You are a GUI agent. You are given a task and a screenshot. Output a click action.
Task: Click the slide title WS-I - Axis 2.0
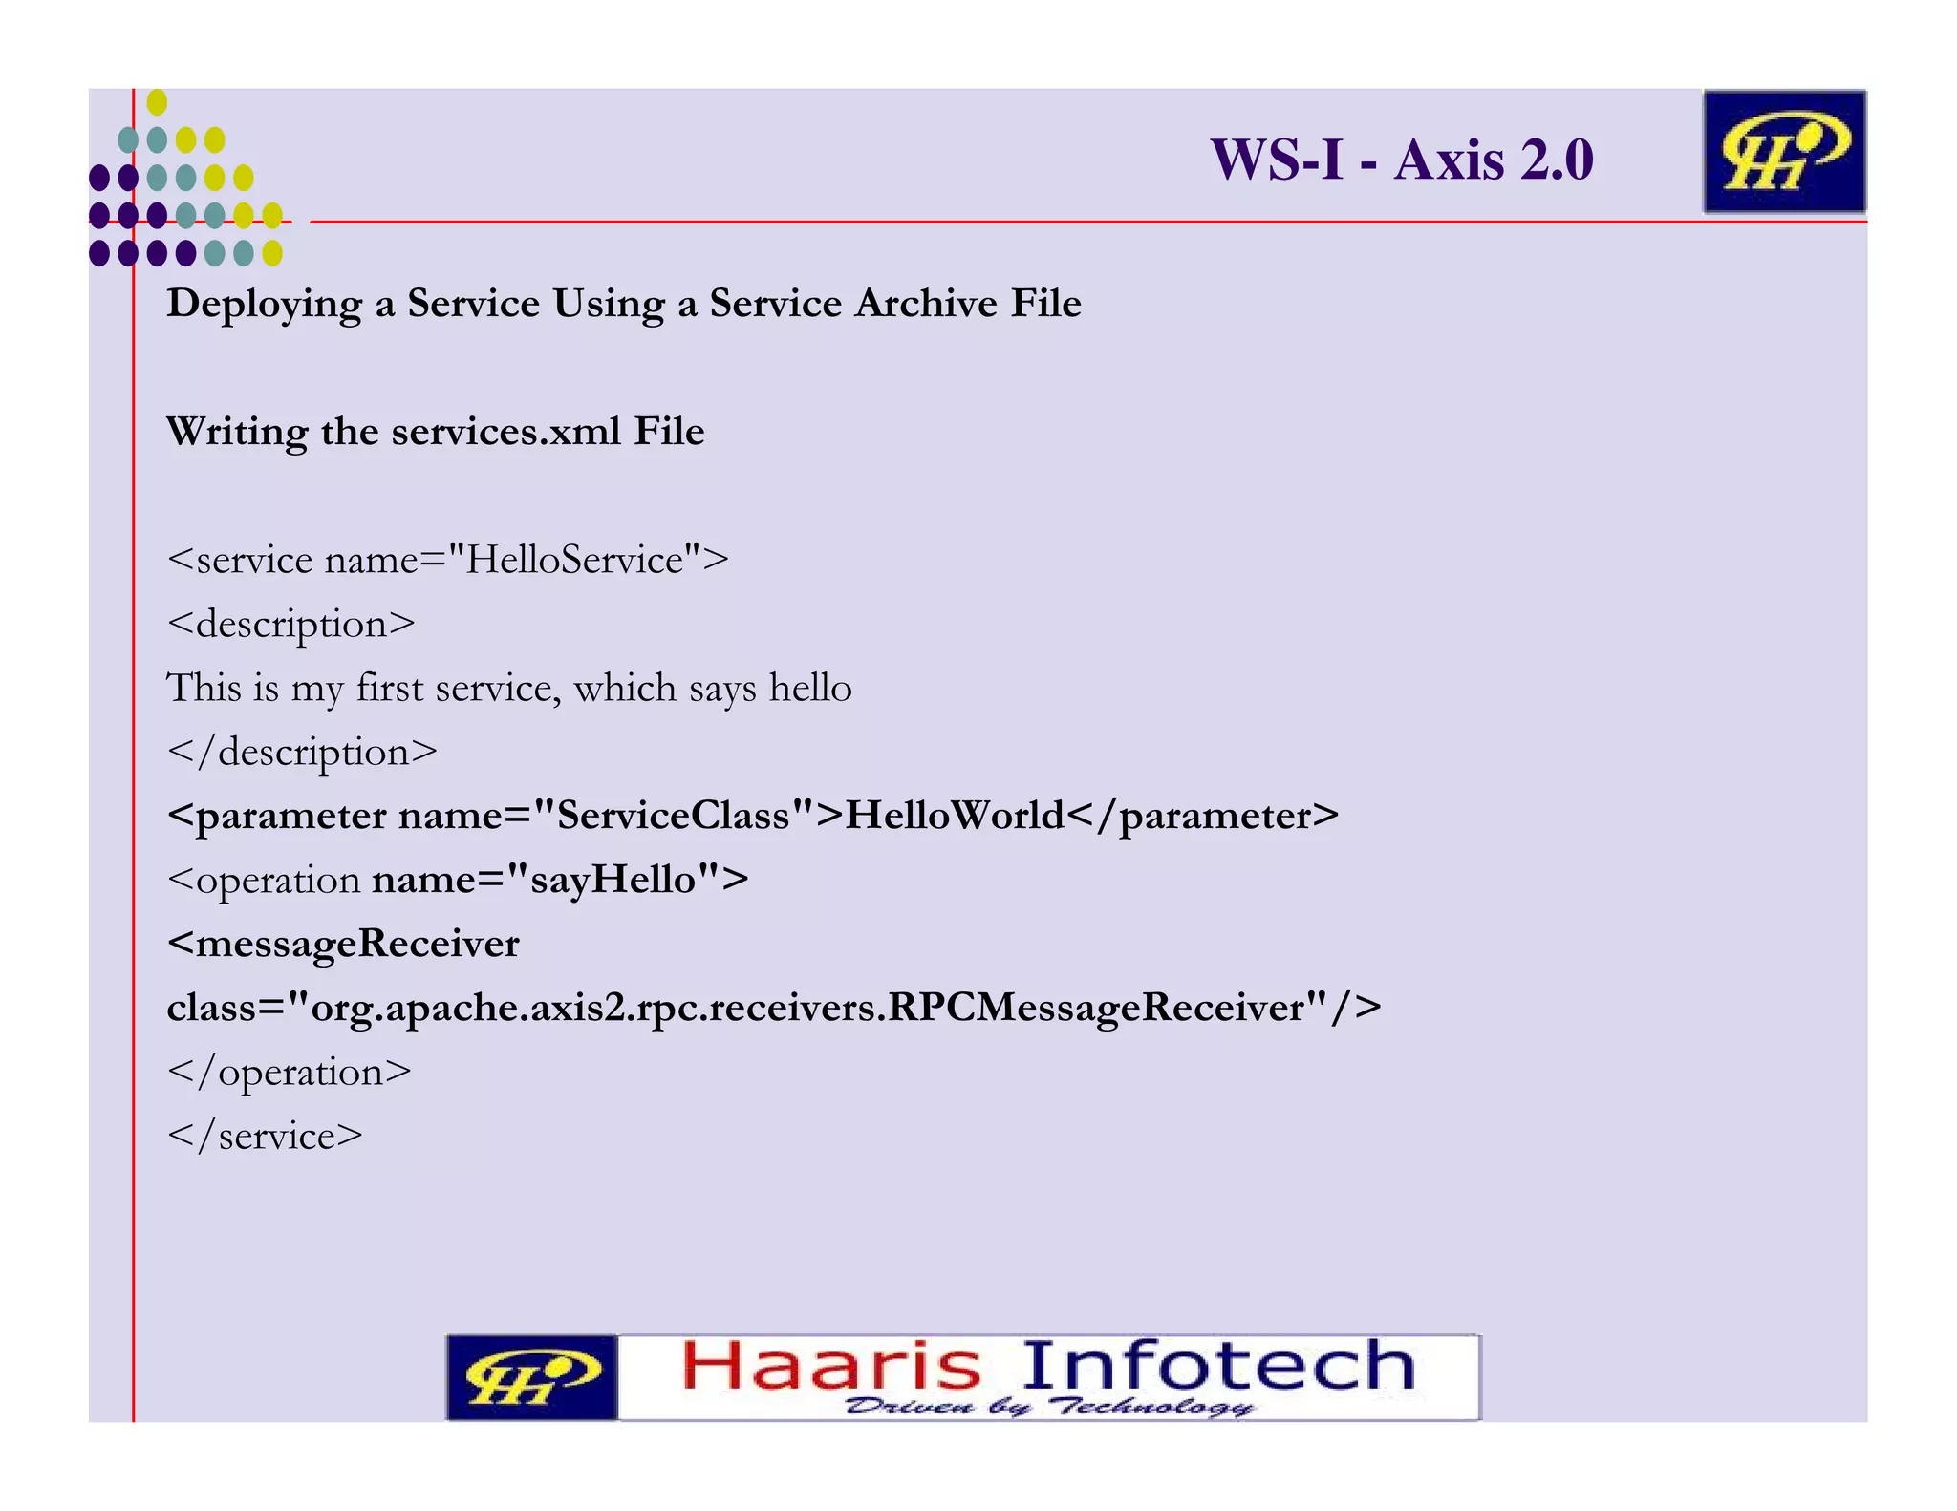point(1401,159)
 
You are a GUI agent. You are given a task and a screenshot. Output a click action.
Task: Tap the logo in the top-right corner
point(1783,152)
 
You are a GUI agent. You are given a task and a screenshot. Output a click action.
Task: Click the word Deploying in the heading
point(264,305)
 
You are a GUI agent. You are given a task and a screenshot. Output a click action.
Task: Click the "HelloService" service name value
point(575,560)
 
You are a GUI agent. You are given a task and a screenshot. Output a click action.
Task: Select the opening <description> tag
point(291,625)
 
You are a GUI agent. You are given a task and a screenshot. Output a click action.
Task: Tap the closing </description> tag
point(302,753)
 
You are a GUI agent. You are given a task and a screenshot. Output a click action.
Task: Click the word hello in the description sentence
point(810,688)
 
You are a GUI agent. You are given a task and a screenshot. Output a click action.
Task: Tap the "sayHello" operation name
point(613,880)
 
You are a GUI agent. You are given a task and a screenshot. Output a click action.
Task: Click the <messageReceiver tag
point(343,944)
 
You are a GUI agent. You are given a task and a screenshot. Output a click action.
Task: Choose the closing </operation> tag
point(290,1073)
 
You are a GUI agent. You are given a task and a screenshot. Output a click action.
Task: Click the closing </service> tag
point(265,1137)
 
